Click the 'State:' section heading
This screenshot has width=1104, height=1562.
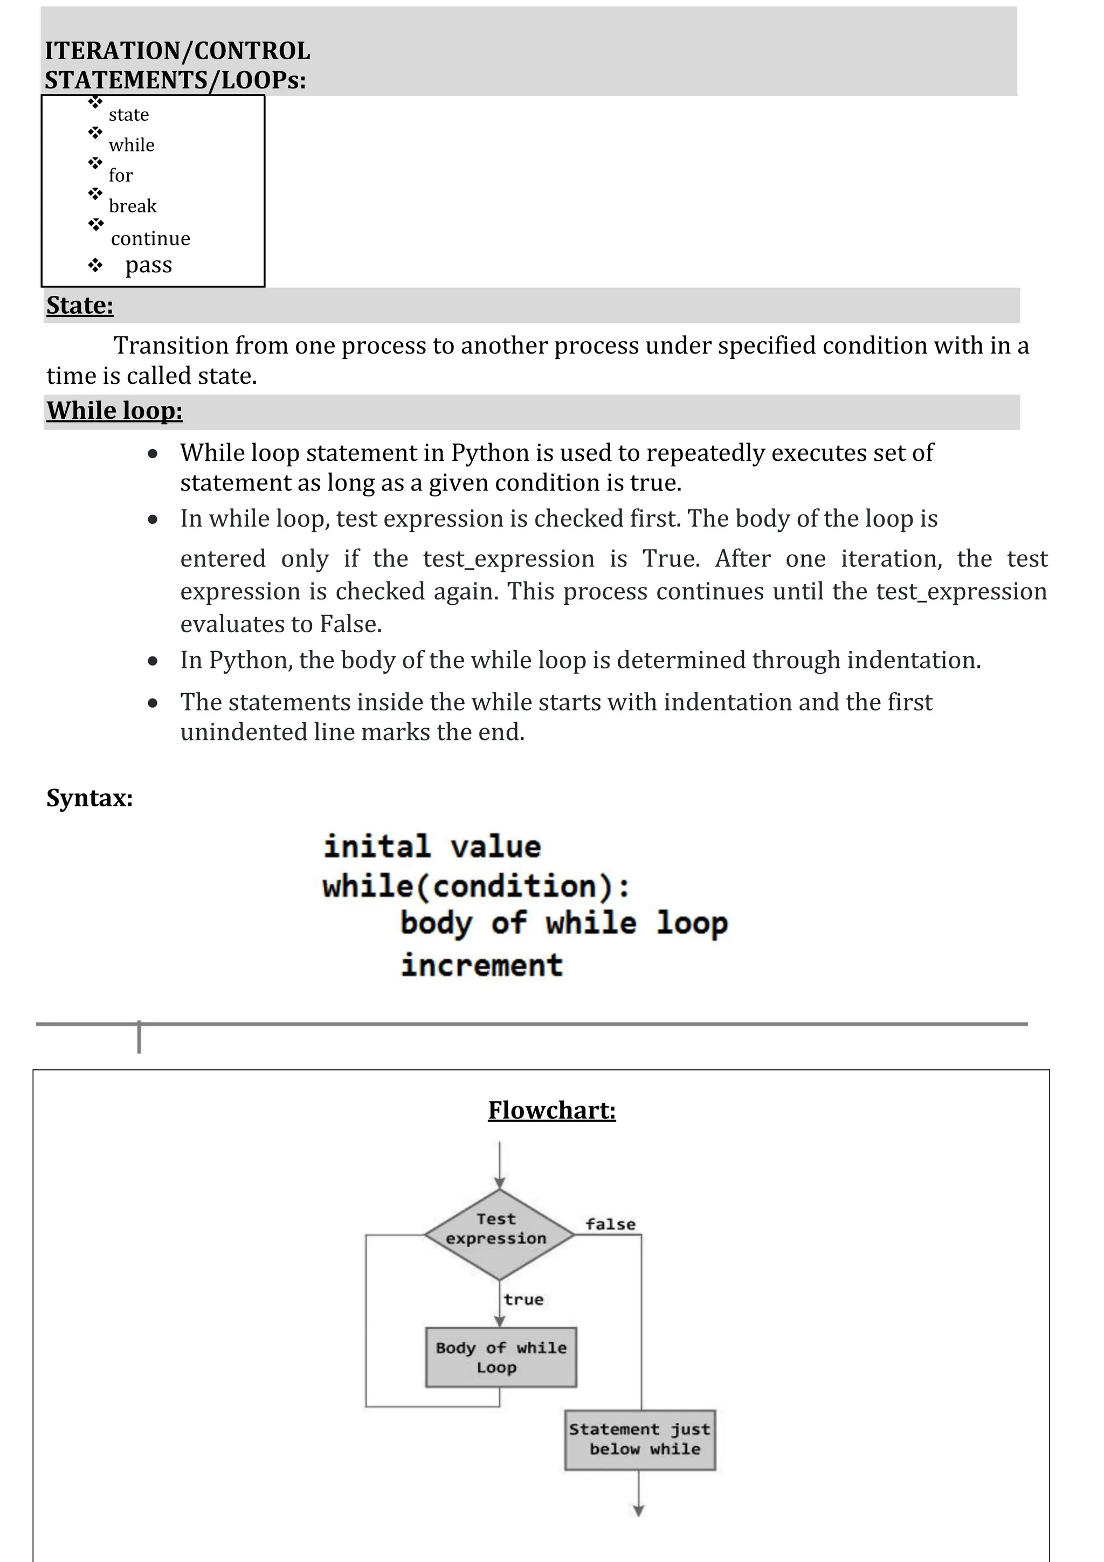click(x=80, y=306)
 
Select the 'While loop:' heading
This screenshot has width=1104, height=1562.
click(x=114, y=411)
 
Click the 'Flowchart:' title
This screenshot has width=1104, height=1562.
click(x=551, y=1110)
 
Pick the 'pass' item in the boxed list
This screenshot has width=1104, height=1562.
click(x=148, y=265)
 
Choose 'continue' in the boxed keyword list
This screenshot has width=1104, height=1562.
click(x=150, y=239)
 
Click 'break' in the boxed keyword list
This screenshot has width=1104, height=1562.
click(x=133, y=206)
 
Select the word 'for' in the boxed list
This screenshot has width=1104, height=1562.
click(x=120, y=176)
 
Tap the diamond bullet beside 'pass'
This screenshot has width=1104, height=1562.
click(x=95, y=265)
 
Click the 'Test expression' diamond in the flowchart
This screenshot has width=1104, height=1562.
click(x=499, y=1234)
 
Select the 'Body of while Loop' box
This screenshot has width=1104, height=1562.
click(x=501, y=1357)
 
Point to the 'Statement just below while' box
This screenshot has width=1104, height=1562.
click(x=640, y=1440)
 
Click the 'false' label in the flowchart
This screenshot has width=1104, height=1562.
click(x=610, y=1225)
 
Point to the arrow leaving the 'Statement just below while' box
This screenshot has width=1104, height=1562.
click(x=639, y=1494)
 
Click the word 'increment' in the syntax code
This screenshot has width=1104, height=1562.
click(x=481, y=965)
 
